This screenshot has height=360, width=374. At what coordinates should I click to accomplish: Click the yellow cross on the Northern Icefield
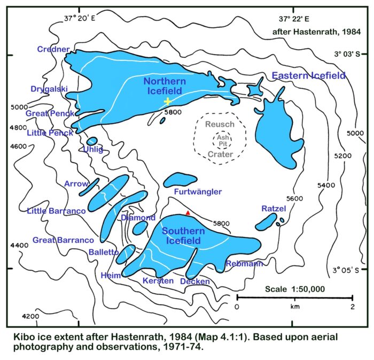click(167, 101)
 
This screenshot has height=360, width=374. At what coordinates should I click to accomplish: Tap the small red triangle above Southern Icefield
click(188, 213)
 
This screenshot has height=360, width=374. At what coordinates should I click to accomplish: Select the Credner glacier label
click(53, 49)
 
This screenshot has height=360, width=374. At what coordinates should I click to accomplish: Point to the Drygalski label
click(48, 89)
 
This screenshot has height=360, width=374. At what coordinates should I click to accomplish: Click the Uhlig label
click(92, 149)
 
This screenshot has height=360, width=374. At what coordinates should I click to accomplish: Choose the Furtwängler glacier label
click(198, 192)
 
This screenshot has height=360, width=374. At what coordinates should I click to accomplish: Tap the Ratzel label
click(274, 208)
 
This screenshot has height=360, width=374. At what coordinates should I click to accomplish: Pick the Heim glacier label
click(111, 275)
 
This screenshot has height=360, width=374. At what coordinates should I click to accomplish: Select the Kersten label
click(158, 280)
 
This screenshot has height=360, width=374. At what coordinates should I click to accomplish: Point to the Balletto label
click(104, 252)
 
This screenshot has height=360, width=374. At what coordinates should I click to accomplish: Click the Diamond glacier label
click(138, 218)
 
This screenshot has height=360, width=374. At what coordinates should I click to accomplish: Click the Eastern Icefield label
click(309, 76)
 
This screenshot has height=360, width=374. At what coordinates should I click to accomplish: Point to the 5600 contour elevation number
click(294, 198)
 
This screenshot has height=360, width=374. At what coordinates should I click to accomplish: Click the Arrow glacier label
click(76, 183)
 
